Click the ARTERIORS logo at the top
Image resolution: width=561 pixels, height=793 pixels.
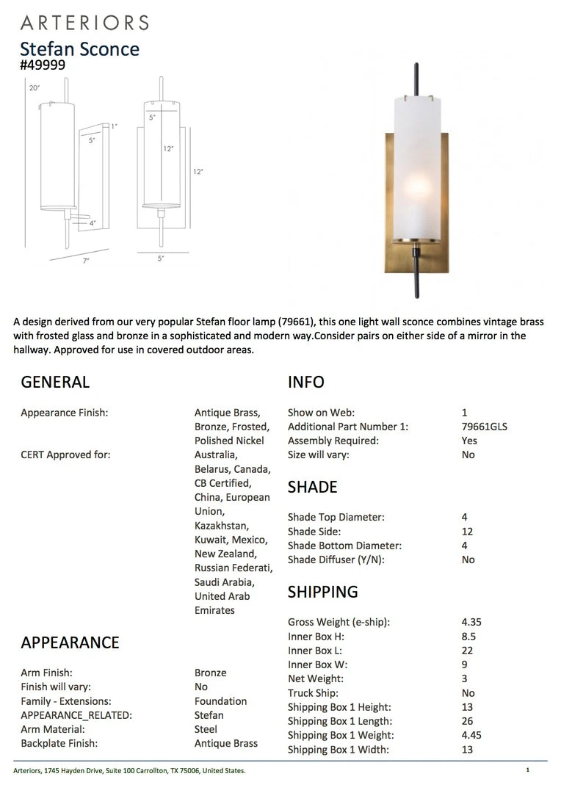[x=84, y=23]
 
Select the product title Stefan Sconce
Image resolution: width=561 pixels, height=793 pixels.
[x=79, y=48]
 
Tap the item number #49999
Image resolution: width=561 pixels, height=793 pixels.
[x=43, y=65]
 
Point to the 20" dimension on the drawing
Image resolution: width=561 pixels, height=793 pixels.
[x=34, y=87]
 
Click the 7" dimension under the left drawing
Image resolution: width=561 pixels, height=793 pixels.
[x=86, y=261]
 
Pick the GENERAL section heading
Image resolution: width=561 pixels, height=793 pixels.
[x=55, y=382]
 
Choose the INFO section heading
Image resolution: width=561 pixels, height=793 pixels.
[x=305, y=382]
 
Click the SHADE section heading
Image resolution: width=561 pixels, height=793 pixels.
[x=312, y=487]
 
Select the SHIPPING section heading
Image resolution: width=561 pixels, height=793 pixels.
[x=322, y=592]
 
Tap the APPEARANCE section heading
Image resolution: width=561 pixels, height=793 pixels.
[x=70, y=642]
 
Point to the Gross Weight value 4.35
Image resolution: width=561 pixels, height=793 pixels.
[x=471, y=622]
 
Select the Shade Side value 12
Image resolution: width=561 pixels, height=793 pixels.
[x=467, y=532]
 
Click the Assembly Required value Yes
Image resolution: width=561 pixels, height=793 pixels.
[x=469, y=441]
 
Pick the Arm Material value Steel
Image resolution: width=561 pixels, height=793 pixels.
[x=206, y=729]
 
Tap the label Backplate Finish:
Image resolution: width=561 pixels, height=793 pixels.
[x=59, y=743]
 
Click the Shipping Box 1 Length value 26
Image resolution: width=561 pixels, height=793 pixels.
[x=467, y=721]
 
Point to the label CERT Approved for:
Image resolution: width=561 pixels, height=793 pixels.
[x=65, y=455]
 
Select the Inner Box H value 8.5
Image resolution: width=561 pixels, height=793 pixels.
[x=468, y=637]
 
